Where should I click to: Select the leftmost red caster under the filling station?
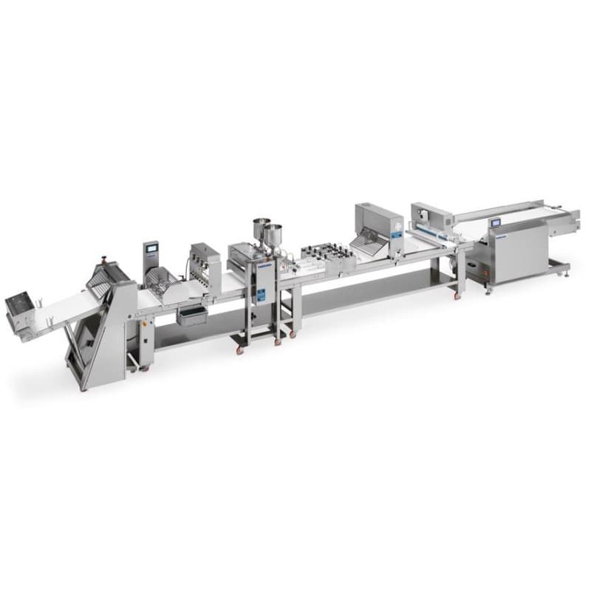(x=239, y=349)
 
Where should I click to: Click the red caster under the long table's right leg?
(x=456, y=296)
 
